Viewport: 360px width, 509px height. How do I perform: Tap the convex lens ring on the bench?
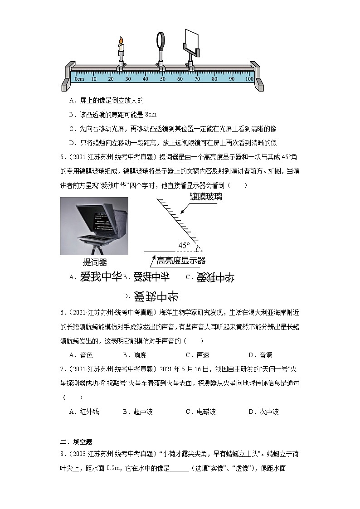(x=161, y=39)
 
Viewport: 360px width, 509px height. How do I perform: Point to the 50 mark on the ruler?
(x=163, y=79)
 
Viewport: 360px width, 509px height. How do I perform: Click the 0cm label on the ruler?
(x=79, y=79)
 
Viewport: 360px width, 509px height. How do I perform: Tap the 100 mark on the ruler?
(x=249, y=79)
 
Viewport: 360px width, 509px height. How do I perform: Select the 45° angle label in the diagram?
(x=184, y=245)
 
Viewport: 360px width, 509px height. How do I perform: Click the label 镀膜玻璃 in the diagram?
(x=206, y=197)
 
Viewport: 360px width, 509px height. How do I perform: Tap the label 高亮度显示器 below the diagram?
(x=181, y=261)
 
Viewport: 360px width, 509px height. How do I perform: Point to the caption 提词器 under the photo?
(x=95, y=262)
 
